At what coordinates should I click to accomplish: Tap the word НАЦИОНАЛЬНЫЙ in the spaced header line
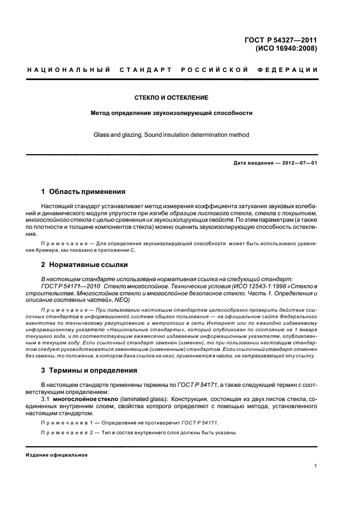tap(69, 70)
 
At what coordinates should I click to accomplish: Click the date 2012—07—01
tap(298, 163)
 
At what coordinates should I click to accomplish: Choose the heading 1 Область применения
tap(83, 192)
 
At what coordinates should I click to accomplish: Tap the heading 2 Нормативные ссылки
tap(84, 264)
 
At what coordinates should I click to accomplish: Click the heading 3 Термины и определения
tap(89, 371)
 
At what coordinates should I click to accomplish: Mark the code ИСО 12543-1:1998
tap(251, 286)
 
